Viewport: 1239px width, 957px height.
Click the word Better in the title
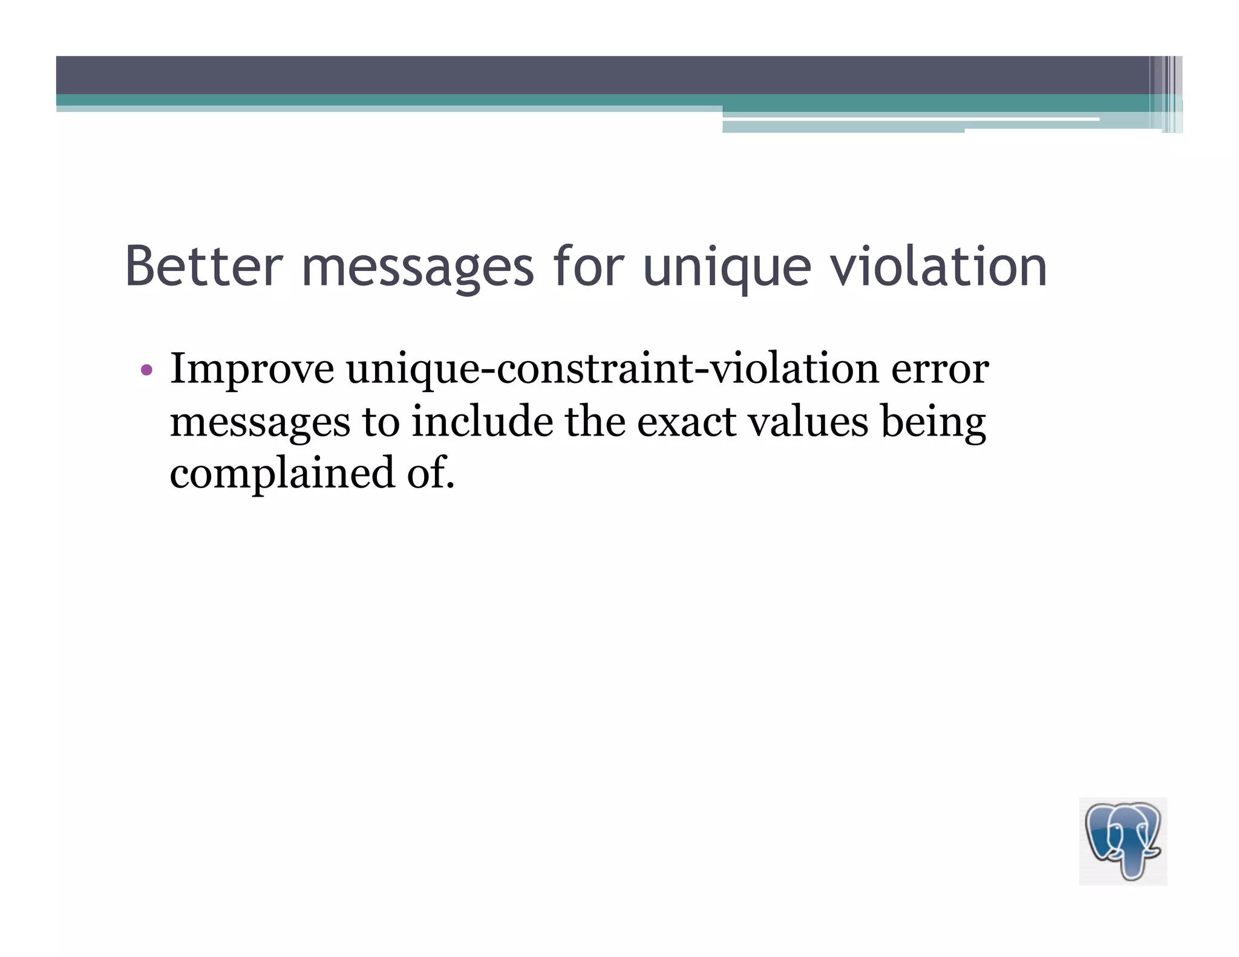pos(204,266)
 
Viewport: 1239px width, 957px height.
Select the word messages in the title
pos(417,268)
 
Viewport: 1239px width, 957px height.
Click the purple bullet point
pos(146,370)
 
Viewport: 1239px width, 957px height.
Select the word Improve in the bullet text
pos(252,370)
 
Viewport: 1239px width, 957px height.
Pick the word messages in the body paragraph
pos(260,423)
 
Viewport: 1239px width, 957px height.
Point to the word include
pos(482,422)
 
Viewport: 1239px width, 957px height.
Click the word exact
pos(687,422)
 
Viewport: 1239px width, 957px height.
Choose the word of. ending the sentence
pos(430,474)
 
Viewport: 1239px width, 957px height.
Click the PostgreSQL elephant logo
pos(1123,841)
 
